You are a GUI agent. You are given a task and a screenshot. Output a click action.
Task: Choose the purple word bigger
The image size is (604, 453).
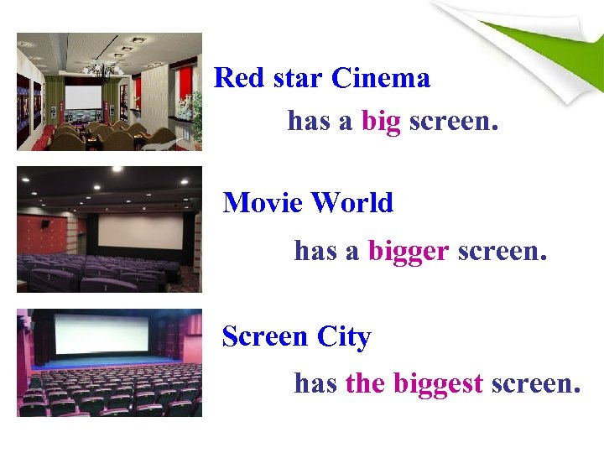[408, 250]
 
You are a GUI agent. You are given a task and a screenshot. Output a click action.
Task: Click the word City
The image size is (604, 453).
[344, 337]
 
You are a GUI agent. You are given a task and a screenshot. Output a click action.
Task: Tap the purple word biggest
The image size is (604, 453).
[438, 384]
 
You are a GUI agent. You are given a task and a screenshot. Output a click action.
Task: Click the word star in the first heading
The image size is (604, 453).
[293, 79]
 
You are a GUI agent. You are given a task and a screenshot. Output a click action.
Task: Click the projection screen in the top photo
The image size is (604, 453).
[82, 97]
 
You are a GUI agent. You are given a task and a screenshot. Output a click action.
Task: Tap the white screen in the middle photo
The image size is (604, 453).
[140, 230]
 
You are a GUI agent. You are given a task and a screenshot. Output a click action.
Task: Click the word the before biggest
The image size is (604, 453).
[364, 384]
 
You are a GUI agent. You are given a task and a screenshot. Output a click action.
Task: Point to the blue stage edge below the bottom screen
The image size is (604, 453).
[109, 363]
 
